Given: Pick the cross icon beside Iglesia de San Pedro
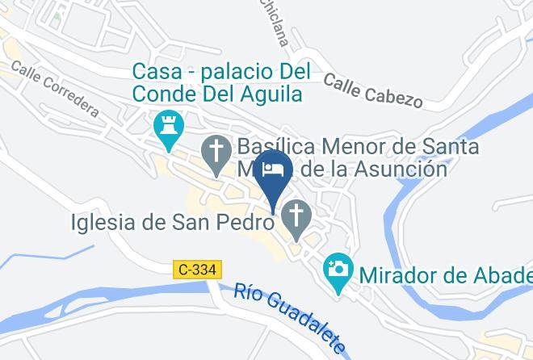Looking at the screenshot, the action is pyautogui.click(x=297, y=219).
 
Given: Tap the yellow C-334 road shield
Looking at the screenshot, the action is pyautogui.click(x=197, y=269).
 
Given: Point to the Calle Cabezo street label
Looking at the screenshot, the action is pyautogui.click(x=372, y=90).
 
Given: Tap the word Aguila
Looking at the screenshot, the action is pyautogui.click(x=271, y=94).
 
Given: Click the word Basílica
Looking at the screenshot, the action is pyautogui.click(x=274, y=148).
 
